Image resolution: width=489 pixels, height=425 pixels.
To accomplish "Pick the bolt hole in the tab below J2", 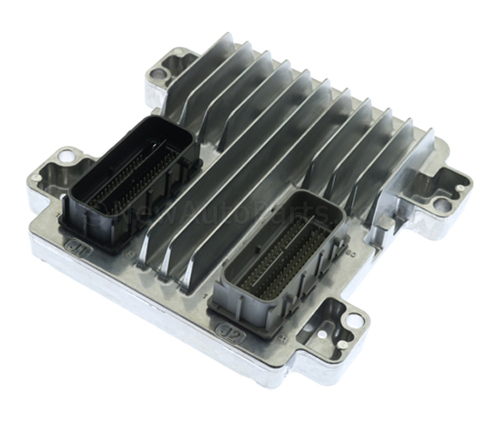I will (x=350, y=321).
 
